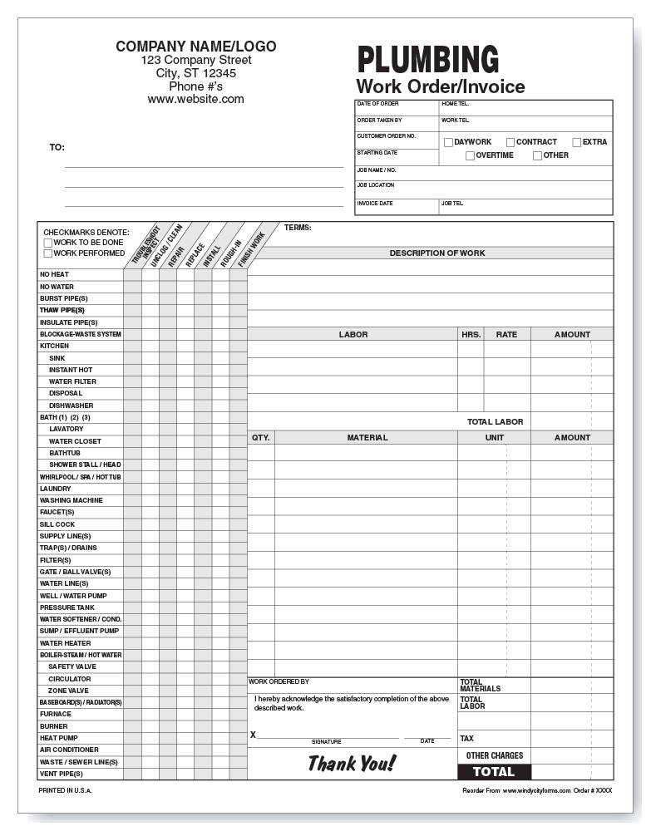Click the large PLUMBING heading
[x=427, y=60]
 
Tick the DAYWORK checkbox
[x=448, y=142]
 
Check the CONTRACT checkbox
[x=510, y=142]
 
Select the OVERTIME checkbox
[x=470, y=155]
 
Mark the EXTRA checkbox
[x=576, y=142]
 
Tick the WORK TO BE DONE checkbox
[x=47, y=243]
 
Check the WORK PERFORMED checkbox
[x=47, y=253]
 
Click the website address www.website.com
[x=195, y=99]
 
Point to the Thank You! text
[x=352, y=763]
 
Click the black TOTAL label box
[x=494, y=772]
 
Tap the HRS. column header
[x=471, y=335]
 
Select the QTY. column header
[x=260, y=437]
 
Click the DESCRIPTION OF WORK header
[x=437, y=253]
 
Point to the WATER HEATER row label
[x=65, y=643]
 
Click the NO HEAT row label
[x=54, y=274]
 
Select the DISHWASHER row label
[x=71, y=406]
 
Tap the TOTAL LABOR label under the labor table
[x=495, y=422]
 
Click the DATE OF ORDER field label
[x=377, y=104]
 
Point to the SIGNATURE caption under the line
[x=326, y=741]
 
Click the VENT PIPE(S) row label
[x=61, y=774]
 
